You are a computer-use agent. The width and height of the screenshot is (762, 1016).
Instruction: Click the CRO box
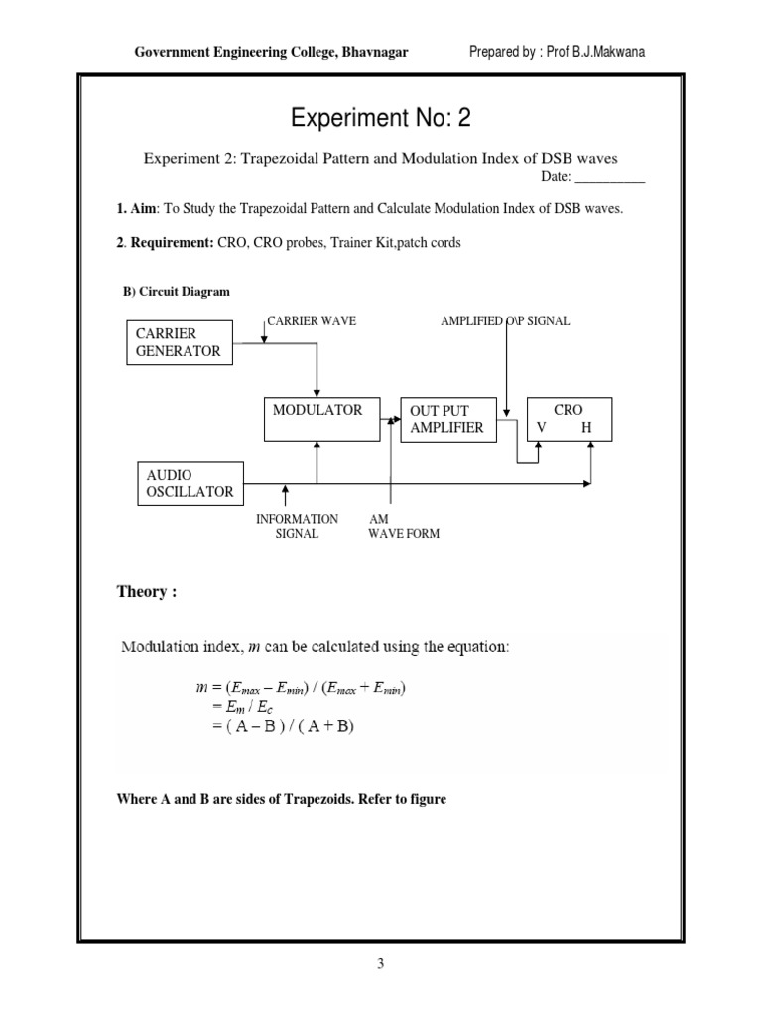coord(570,419)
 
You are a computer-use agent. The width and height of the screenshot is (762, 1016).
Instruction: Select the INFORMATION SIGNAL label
coord(297,526)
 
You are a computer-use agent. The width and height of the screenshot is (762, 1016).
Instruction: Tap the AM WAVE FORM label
coord(403,526)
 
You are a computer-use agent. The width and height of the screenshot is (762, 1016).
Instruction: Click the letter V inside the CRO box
coord(541,428)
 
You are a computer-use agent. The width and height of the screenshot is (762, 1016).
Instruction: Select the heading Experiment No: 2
coord(380,120)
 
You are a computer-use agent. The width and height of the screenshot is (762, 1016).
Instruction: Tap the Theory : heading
coord(147,592)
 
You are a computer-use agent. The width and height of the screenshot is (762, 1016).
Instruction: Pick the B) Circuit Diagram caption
coord(176,292)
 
